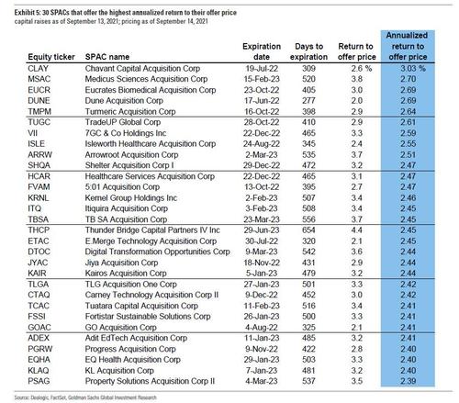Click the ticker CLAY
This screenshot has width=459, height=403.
pyautogui.click(x=39, y=68)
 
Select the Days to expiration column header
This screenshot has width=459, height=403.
pyautogui.click(x=308, y=51)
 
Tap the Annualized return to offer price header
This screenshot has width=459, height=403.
pyautogui.click(x=408, y=46)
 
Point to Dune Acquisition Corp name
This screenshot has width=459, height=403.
pyautogui.click(x=124, y=101)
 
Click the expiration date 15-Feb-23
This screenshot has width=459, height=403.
pyautogui.click(x=262, y=79)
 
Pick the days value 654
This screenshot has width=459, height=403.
pyautogui.click(x=308, y=230)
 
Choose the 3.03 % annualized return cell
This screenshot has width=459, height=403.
pyautogui.click(x=413, y=68)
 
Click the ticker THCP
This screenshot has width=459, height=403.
pyautogui.click(x=39, y=230)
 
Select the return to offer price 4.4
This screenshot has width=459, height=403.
pyautogui.click(x=357, y=230)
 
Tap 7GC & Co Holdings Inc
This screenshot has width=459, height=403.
pyautogui.click(x=126, y=133)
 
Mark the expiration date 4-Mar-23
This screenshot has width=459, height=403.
pyautogui.click(x=261, y=381)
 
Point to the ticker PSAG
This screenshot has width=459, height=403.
pyautogui.click(x=39, y=381)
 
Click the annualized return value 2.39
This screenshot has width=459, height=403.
pyautogui.click(x=409, y=381)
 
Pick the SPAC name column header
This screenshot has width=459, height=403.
pyautogui.click(x=107, y=57)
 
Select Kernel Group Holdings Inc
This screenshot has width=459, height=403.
pyautogui.click(x=131, y=198)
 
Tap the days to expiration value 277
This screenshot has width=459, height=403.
pyautogui.click(x=308, y=101)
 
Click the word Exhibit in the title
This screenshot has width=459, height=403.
pyautogui.click(x=23, y=13)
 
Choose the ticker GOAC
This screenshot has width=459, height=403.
pyautogui.click(x=39, y=328)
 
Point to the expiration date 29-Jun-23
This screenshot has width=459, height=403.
pyautogui.click(x=262, y=230)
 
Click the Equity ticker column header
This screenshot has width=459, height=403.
pyautogui.click(x=51, y=57)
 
